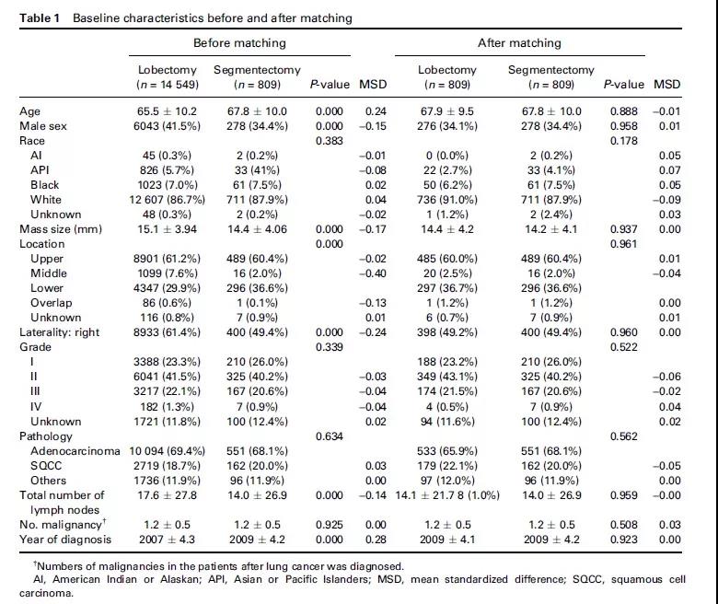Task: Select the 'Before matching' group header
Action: point(239,42)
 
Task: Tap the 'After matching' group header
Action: point(519,42)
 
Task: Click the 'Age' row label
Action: point(29,111)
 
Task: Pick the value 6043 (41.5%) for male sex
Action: point(163,125)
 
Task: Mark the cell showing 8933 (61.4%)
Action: point(163,331)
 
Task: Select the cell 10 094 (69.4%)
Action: point(160,450)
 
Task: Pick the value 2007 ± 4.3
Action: point(163,538)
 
